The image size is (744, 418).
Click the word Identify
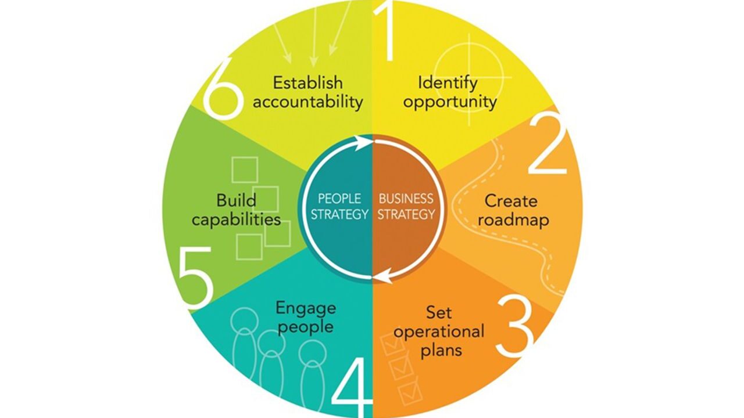(x=448, y=82)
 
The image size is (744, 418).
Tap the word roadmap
(x=515, y=220)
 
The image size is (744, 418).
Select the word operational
(x=447, y=331)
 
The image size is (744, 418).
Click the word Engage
(x=306, y=307)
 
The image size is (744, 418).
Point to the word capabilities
(x=237, y=220)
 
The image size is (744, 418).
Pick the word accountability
(x=308, y=102)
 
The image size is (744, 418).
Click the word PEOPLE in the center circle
(x=340, y=198)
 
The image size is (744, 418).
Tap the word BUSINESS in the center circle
(x=406, y=198)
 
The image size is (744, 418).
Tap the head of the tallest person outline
(x=245, y=319)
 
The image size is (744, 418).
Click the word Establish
(x=308, y=82)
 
